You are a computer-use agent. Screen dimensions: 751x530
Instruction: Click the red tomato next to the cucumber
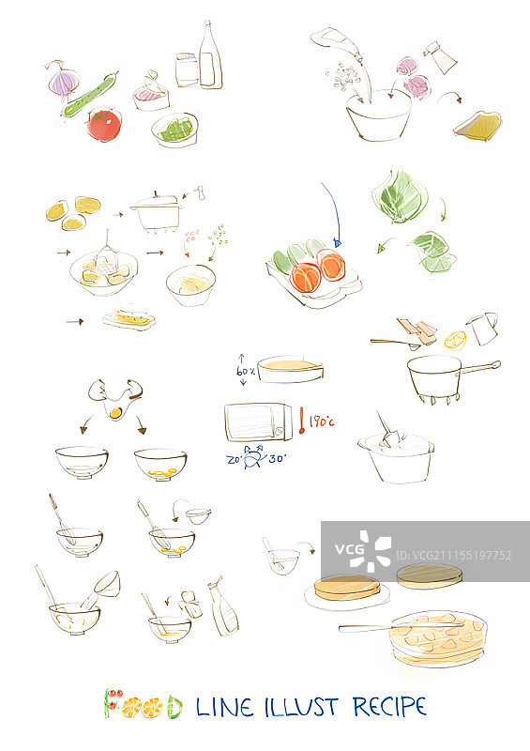(103, 124)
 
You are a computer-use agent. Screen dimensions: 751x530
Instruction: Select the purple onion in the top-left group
(63, 83)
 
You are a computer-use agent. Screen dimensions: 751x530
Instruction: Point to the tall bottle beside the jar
(209, 58)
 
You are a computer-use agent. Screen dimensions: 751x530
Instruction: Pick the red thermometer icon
(302, 421)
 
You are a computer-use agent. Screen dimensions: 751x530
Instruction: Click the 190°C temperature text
(322, 422)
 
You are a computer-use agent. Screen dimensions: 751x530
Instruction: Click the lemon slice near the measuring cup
(455, 339)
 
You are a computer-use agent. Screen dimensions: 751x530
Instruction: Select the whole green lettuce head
(401, 196)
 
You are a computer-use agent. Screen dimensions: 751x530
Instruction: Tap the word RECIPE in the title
(389, 706)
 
